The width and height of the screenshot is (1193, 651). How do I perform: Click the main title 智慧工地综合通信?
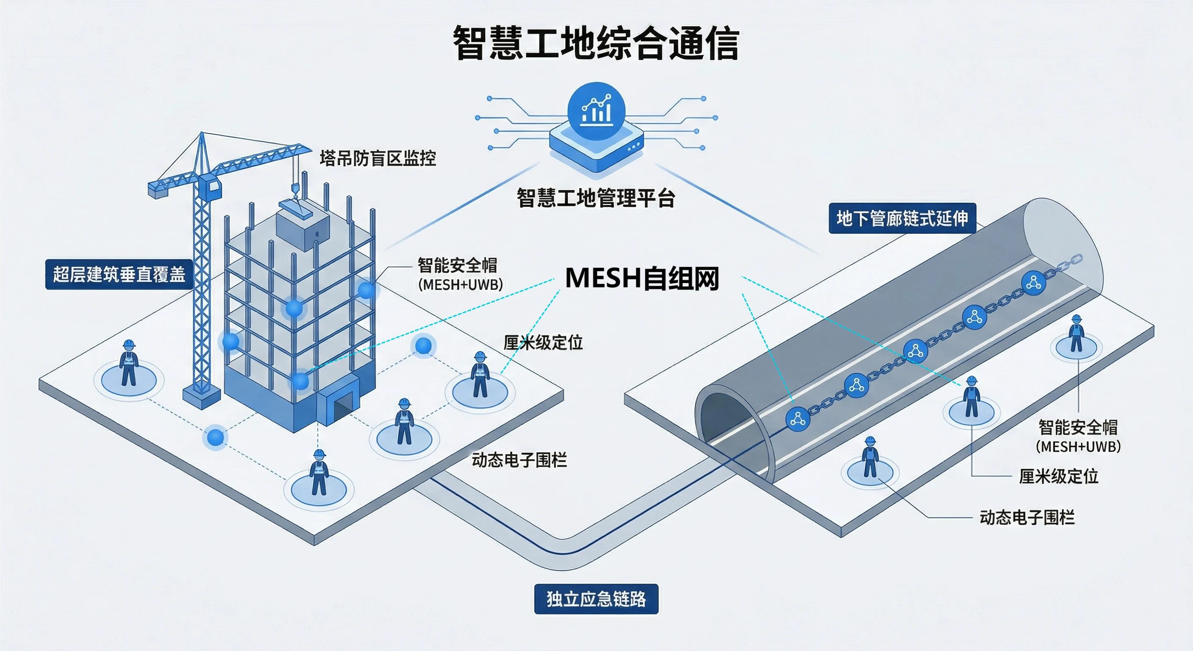(x=596, y=43)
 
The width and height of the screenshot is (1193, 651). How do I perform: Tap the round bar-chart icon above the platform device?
(x=596, y=110)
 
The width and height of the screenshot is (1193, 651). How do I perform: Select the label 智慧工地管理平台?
(x=596, y=198)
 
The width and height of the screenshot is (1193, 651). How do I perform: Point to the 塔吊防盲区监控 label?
(x=378, y=159)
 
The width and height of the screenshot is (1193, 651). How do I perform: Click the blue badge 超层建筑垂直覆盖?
(x=119, y=274)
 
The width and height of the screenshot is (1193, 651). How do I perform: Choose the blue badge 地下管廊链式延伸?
(x=902, y=218)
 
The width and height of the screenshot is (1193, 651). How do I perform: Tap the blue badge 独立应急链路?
(x=596, y=599)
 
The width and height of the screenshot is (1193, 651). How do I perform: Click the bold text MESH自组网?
(x=642, y=278)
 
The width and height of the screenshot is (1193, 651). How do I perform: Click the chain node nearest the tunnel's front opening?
(x=797, y=419)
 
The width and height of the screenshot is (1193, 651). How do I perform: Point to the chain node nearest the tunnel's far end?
(x=1034, y=283)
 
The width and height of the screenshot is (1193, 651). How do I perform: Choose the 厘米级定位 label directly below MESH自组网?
(x=543, y=343)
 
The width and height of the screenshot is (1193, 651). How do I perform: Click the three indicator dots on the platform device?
(x=633, y=147)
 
